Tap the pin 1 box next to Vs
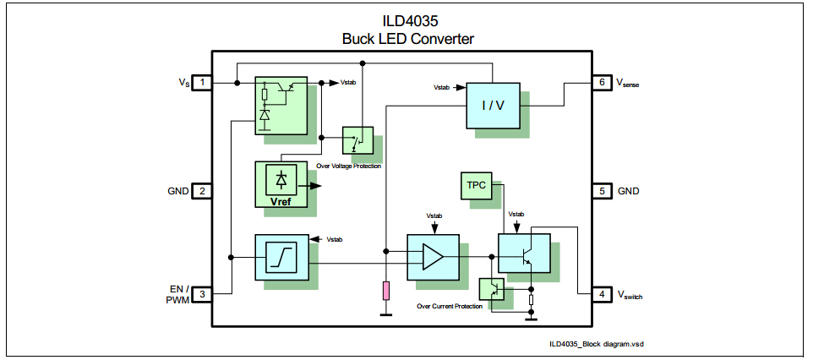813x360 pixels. pos(203,82)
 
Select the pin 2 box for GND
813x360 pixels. pos(203,191)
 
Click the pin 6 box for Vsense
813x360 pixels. pos(601,82)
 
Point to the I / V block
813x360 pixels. pos(494,106)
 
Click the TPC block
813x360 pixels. pos(477,185)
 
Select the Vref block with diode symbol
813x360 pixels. pos(281,183)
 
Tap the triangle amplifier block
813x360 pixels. pos(433,256)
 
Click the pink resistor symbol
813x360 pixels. pos(386,291)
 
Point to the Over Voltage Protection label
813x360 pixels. pos(348,166)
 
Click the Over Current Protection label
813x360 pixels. pos(450,306)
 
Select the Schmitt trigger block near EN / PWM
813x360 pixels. pos(281,256)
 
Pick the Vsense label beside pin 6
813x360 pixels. pos(630,83)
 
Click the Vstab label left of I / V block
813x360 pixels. pos(443,87)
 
